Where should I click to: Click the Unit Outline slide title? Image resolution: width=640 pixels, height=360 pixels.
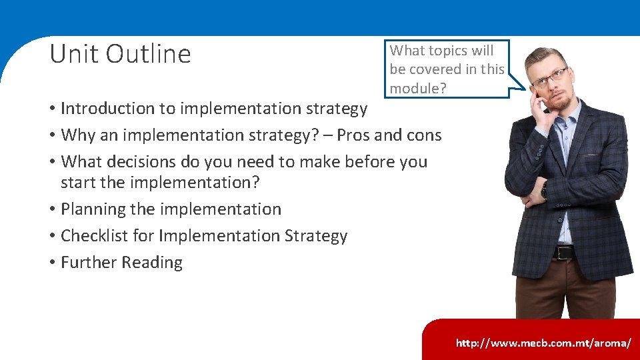coord(120,54)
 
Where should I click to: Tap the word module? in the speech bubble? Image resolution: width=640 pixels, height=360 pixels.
coord(418,88)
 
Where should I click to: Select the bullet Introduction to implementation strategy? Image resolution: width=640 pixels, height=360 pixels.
coord(213,108)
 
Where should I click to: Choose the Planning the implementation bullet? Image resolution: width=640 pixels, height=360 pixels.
coord(171,209)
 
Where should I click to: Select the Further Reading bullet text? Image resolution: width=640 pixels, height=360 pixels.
coord(121,262)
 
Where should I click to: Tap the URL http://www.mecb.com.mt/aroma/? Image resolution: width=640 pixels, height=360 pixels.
coord(543,343)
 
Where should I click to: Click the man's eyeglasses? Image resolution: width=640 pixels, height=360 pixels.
coord(550,78)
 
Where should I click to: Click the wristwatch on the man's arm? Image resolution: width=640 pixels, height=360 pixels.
coord(544,191)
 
